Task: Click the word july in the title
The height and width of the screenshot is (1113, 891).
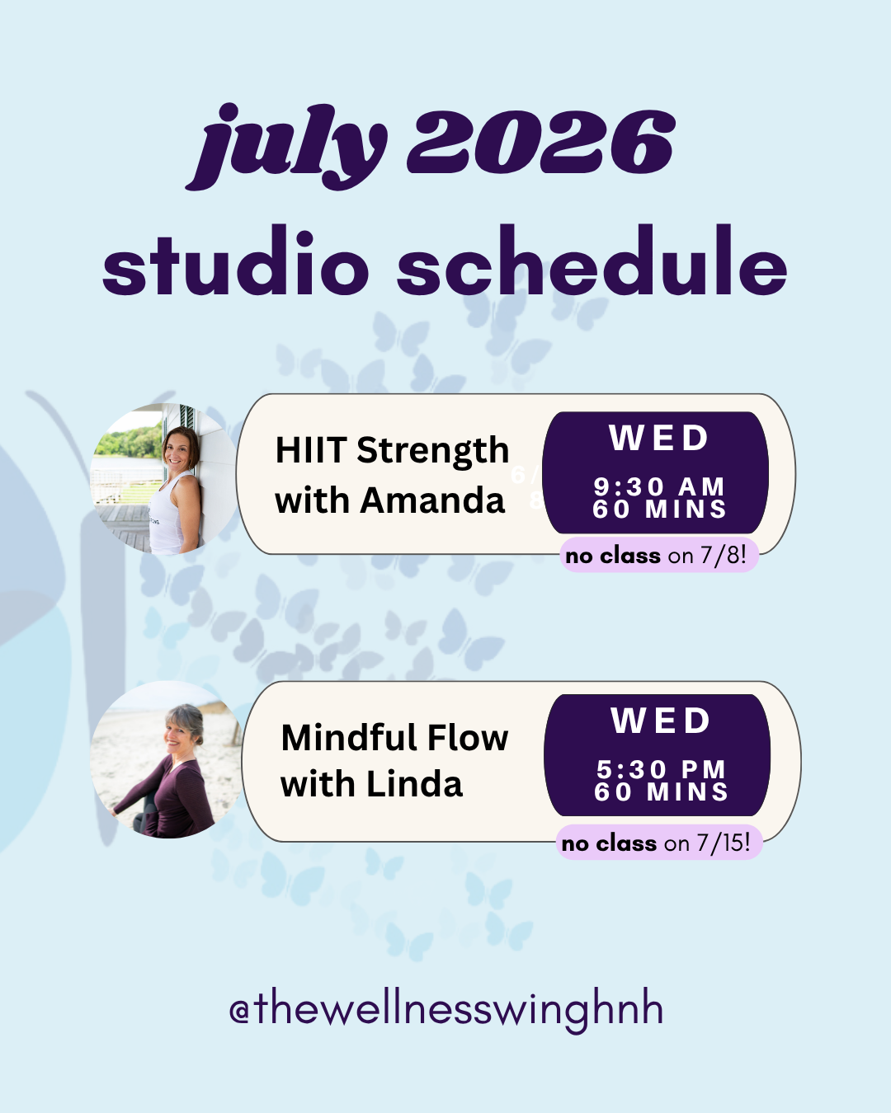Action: point(286,147)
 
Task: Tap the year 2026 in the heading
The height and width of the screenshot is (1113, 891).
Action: point(541,142)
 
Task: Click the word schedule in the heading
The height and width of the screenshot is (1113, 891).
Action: point(592,261)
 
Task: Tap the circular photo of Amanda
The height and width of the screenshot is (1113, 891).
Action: point(165,479)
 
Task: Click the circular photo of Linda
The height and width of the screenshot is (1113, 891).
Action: point(166,759)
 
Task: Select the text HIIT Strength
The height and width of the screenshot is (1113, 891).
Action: point(392,450)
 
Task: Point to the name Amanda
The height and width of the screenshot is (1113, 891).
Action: point(431,500)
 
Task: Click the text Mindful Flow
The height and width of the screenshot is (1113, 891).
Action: point(394,738)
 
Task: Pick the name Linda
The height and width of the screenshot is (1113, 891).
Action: point(414,784)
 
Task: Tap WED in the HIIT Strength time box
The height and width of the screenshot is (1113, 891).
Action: point(658,438)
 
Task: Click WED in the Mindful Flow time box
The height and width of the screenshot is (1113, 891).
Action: point(660,721)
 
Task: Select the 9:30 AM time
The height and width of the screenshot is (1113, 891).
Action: point(658,486)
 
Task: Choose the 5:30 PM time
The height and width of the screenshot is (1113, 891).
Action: point(661,769)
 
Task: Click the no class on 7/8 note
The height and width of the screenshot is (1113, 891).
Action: point(658,556)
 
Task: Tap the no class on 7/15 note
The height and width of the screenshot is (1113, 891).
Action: point(658,843)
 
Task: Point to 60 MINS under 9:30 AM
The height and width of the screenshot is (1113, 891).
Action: point(659,510)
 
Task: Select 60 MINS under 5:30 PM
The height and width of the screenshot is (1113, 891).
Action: point(661,791)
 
